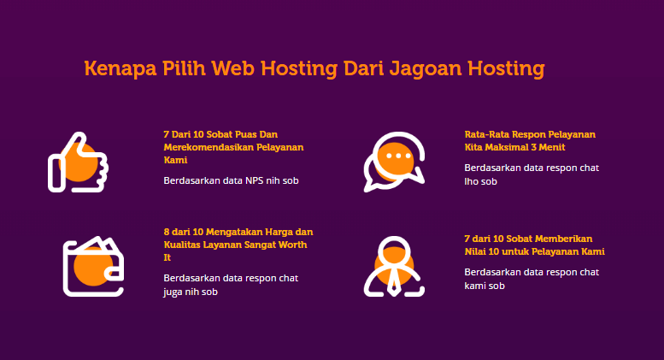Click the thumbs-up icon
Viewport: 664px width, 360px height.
coord(78,162)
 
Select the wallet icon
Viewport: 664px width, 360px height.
coord(93,267)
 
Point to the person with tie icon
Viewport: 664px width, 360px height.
coord(394,267)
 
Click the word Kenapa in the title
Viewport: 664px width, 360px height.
coord(120,68)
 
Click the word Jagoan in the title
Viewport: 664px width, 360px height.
coord(426,69)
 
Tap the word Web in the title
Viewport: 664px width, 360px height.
coord(233,68)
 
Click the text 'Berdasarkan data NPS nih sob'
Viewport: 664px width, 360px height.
coord(232,180)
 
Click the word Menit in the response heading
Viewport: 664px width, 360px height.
coord(552,147)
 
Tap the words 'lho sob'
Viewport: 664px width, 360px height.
coord(480,181)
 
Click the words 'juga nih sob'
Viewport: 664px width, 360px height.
coord(191,292)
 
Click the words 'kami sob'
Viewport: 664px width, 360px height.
coord(485,286)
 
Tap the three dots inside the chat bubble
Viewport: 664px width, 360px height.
coord(398,156)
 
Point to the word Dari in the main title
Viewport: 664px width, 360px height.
coord(363,68)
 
